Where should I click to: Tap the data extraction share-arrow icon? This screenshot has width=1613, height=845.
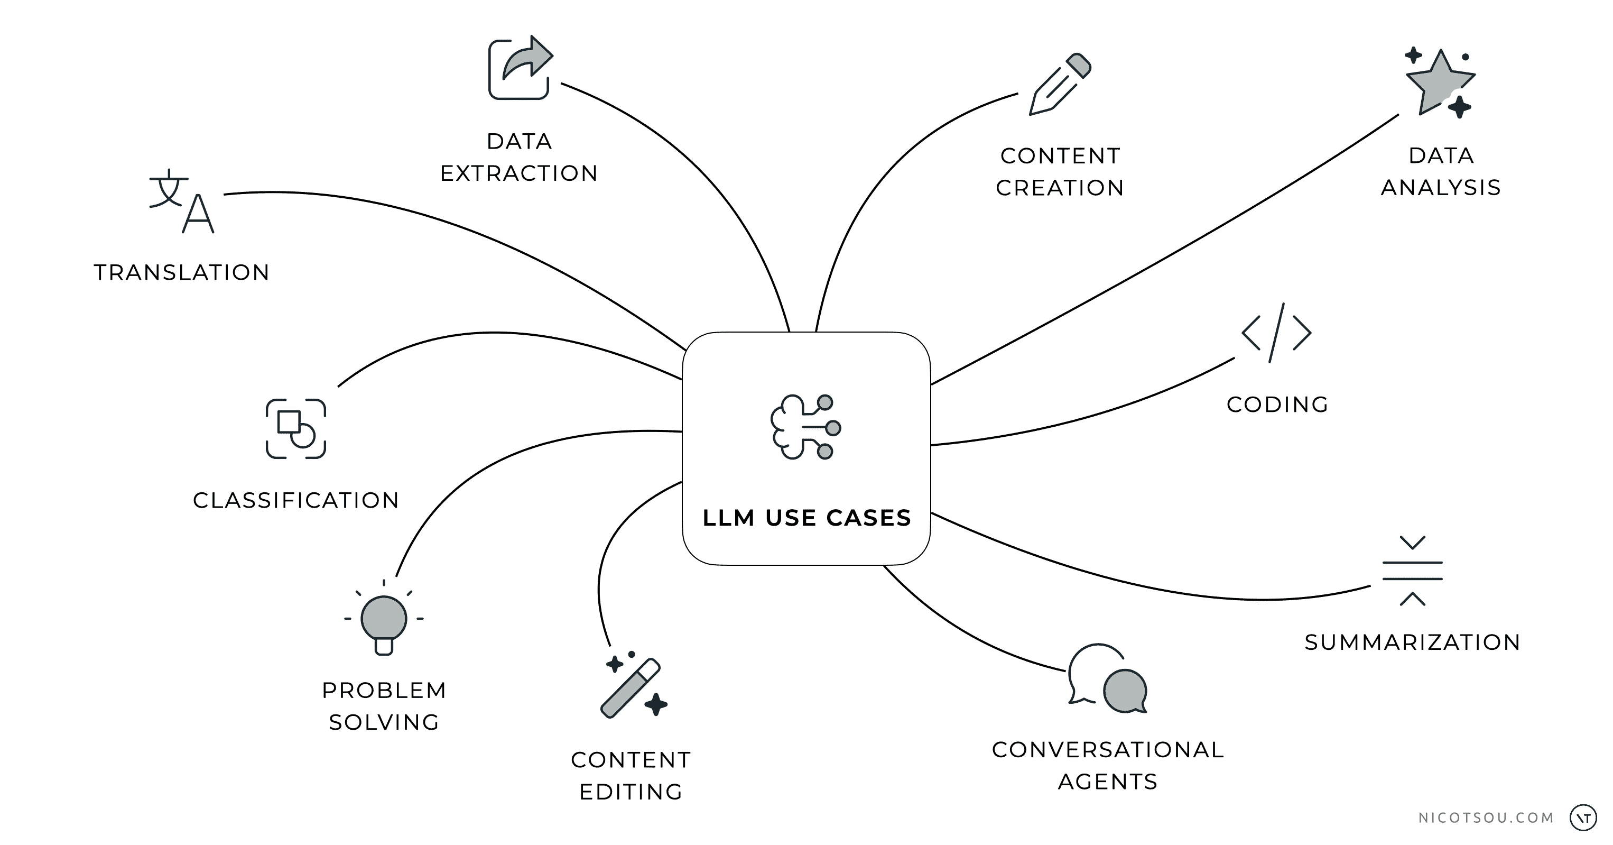(x=520, y=68)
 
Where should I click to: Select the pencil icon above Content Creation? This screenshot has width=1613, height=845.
(x=1060, y=85)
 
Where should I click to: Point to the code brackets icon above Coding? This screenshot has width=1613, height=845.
(x=1276, y=333)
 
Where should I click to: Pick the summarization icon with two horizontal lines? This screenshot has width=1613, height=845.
(x=1412, y=571)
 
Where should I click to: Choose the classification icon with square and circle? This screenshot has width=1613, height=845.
(x=296, y=429)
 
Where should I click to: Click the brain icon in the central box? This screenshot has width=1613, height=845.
(x=805, y=427)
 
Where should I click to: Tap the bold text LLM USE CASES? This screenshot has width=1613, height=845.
(x=806, y=518)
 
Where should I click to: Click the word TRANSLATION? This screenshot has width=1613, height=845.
(x=182, y=272)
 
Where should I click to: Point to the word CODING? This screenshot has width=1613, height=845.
(x=1277, y=405)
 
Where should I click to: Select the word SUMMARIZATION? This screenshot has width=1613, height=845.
(x=1412, y=642)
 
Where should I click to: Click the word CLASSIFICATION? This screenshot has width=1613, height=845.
(x=295, y=500)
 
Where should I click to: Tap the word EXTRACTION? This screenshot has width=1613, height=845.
(x=519, y=173)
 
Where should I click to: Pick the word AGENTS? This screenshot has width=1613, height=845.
(x=1108, y=782)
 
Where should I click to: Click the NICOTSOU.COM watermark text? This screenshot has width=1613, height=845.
(x=1486, y=818)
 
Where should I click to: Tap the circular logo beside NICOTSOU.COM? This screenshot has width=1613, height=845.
(x=1583, y=818)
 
